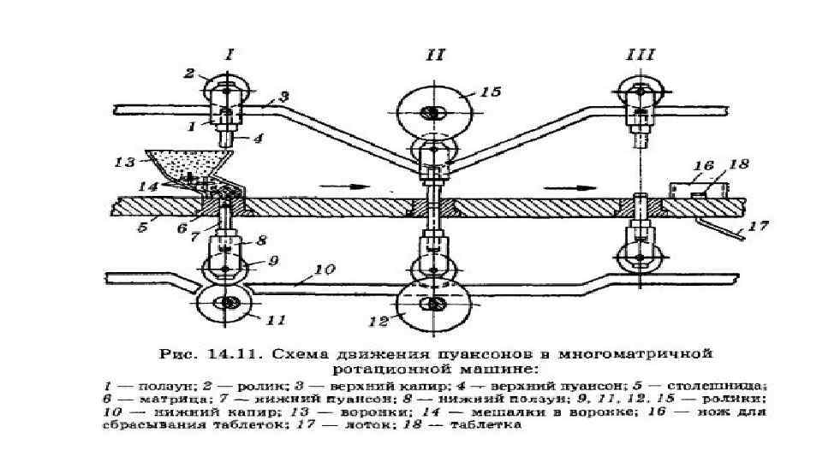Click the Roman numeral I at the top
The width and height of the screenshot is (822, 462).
point(229,55)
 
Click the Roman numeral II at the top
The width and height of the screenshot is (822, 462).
point(435,55)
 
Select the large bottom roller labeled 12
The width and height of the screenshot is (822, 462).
point(436,305)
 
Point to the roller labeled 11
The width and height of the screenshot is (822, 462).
point(227,304)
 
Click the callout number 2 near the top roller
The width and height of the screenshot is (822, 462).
point(190,74)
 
